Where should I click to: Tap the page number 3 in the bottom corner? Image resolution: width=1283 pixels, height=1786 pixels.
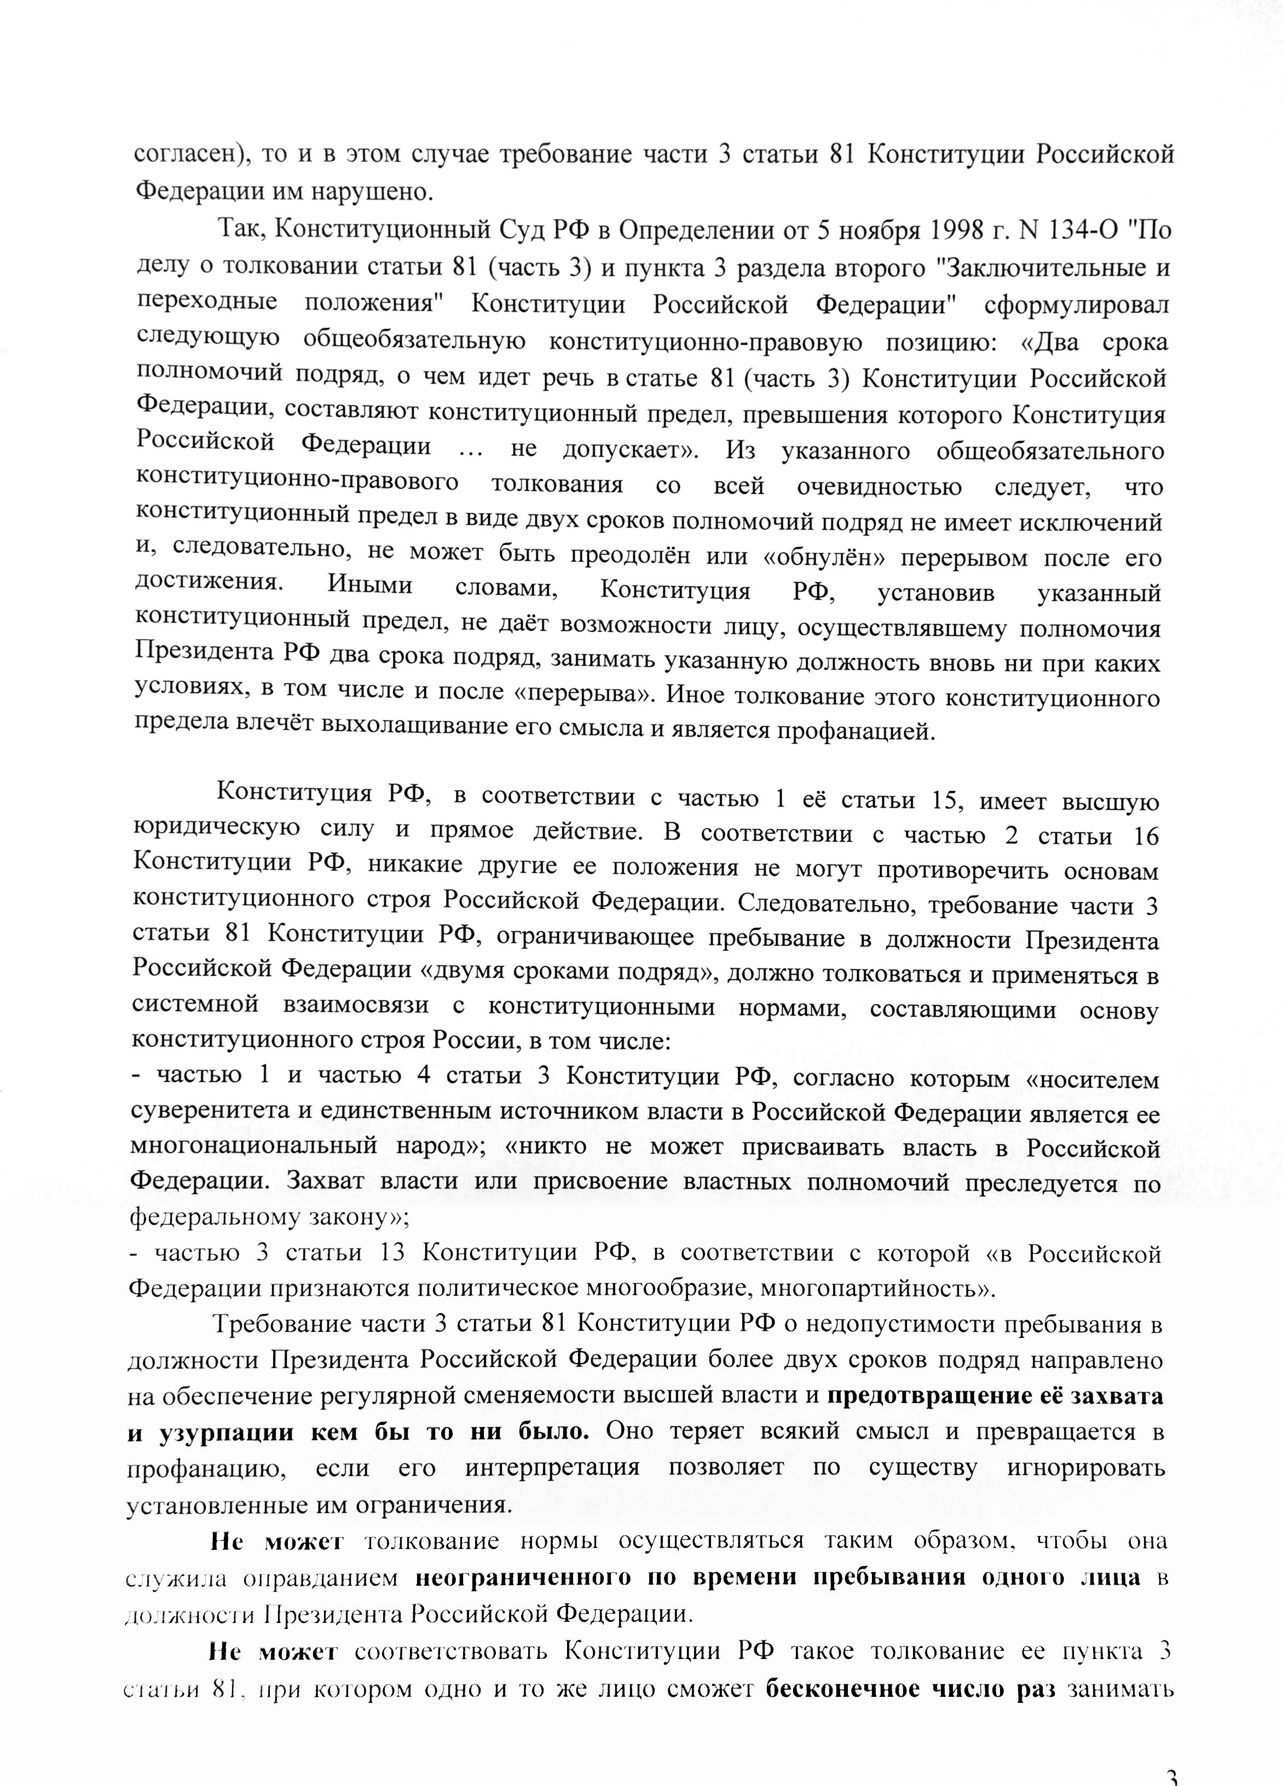(1170, 1776)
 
